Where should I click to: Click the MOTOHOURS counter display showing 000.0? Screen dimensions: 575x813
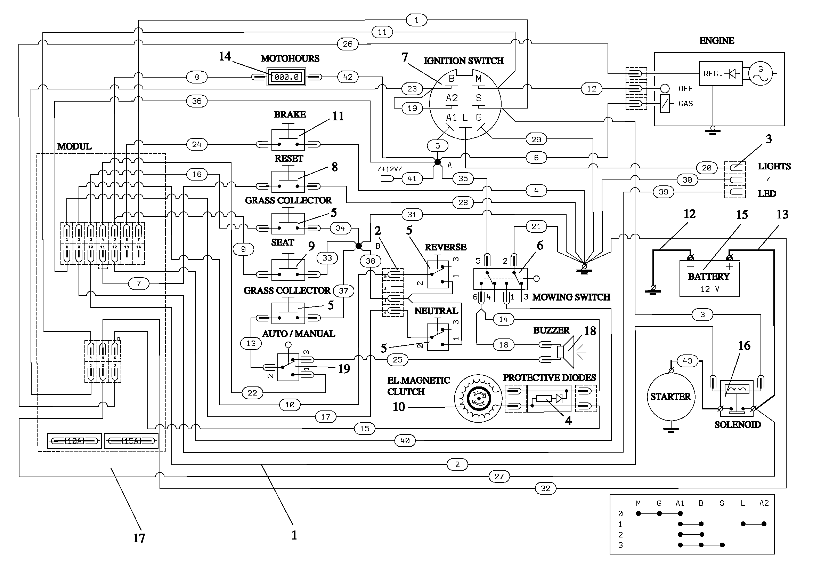[x=286, y=77]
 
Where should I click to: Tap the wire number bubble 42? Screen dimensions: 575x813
[x=348, y=77]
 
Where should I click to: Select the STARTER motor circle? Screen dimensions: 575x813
[x=670, y=397]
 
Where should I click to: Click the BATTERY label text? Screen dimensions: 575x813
[x=709, y=276]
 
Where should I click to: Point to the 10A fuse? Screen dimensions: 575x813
[x=75, y=441]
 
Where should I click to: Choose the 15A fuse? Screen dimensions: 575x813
[x=131, y=441]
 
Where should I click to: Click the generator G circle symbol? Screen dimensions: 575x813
[x=760, y=74]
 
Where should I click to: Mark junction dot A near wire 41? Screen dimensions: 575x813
[x=438, y=162]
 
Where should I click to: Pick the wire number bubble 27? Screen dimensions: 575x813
[x=499, y=477]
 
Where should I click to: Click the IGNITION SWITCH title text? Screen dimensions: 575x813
[x=464, y=61]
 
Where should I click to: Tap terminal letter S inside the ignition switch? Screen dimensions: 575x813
[x=479, y=98]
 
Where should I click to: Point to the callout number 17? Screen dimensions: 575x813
[x=139, y=538]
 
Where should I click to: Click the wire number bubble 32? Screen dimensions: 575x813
[x=545, y=488]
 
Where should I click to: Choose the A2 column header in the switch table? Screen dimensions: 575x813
[x=764, y=503]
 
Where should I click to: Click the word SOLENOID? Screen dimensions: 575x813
[x=738, y=424]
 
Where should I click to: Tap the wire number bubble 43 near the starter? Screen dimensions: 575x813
[x=687, y=361]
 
